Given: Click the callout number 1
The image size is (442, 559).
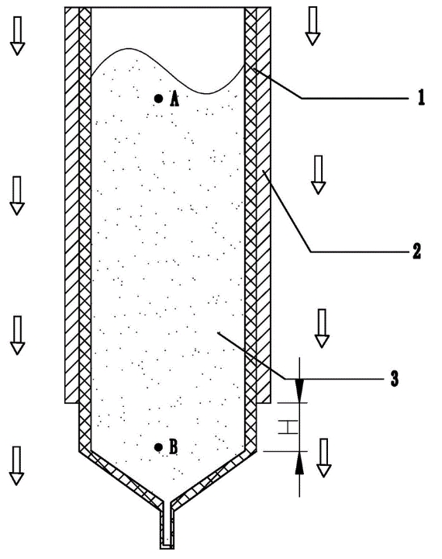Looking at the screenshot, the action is pos(421,97).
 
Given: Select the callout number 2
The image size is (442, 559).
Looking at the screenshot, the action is pos(416,251).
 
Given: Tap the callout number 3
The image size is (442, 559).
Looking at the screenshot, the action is pos(394,379).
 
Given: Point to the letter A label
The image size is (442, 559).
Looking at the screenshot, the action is pos(174,99).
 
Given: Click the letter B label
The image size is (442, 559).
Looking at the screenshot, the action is pos(173,447).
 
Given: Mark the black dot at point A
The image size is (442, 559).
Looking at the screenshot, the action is pos(158,99).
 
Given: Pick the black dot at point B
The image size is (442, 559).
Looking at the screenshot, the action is pos(158,447).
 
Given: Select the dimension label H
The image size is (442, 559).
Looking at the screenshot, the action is pos(288,427).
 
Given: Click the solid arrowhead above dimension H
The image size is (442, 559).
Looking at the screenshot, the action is pos(299,391).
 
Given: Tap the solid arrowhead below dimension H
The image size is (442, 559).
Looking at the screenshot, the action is pos(299,463).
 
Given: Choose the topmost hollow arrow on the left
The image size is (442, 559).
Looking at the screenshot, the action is pos(17,36).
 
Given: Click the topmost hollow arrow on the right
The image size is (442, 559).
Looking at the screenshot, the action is pos(313,26).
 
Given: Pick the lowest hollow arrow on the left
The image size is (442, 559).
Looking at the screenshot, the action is pos(16,465).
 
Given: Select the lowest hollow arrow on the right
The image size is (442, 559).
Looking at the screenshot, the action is pos(324,458).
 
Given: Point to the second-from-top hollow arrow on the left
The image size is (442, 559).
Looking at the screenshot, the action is pos(17,196).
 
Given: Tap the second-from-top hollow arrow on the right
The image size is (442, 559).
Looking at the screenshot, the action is pos(318,175).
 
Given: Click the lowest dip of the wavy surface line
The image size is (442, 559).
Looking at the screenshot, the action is pos(208,94).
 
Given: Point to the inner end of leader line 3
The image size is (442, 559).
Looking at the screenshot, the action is pos(218,332).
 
